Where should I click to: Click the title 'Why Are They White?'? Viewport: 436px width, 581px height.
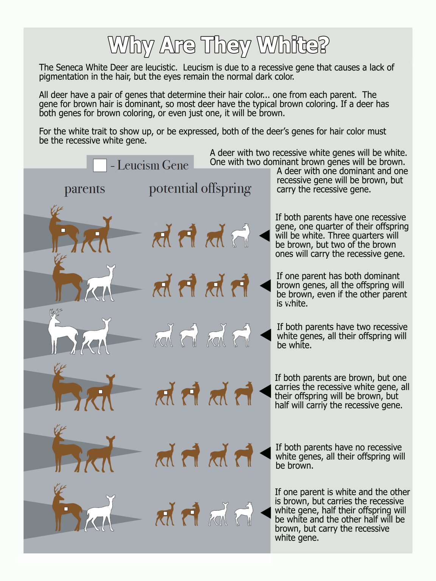point(218,45)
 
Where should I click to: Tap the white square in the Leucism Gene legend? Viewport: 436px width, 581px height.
point(100,166)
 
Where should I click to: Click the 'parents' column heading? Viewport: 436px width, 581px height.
point(84,189)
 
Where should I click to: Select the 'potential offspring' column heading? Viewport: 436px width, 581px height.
point(200,189)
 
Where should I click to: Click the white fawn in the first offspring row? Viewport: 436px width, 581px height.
point(241,236)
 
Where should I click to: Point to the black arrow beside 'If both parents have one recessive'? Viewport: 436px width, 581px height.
point(265,236)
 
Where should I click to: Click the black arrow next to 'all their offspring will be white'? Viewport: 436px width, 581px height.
point(266,335)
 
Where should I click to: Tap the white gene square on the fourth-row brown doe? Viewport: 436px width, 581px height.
point(100,392)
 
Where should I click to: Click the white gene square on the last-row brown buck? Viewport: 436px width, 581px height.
point(66,509)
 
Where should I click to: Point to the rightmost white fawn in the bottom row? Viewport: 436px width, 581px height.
point(243,514)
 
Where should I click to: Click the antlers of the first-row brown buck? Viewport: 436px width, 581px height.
point(56,211)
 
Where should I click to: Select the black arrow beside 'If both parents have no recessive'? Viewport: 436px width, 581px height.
point(266,453)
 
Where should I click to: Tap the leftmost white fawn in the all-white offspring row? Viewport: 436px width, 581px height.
point(164,336)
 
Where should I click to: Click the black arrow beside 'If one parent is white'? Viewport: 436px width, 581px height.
point(266,513)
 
